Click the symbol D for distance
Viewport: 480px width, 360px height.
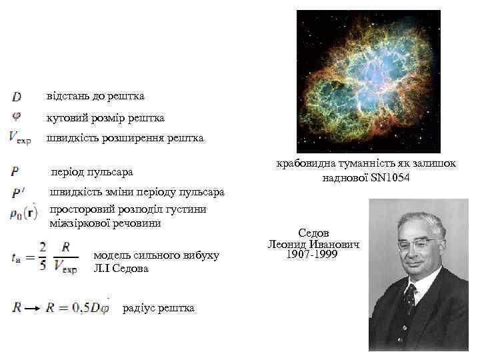tap(17, 97)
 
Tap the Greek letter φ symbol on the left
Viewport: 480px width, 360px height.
tap(17, 116)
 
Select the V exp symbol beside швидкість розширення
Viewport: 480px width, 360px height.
tap(20, 137)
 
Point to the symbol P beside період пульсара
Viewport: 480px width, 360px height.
tap(15, 171)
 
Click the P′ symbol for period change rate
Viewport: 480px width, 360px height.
tap(18, 193)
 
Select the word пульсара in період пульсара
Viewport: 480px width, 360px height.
tap(111, 173)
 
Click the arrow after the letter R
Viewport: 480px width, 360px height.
tap(32, 307)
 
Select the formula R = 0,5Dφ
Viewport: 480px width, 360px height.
tap(77, 307)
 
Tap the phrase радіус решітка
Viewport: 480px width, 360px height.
tap(159, 307)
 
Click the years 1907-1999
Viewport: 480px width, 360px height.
tap(313, 255)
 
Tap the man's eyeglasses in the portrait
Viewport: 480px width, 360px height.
tap(417, 243)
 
